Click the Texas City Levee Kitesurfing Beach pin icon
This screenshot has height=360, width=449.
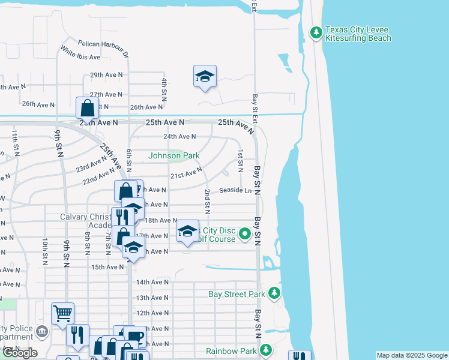tap(316, 32)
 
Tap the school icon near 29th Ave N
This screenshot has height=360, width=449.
tap(205, 77)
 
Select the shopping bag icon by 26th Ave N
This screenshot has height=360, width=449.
tap(88, 109)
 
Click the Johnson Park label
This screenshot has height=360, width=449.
tap(174, 156)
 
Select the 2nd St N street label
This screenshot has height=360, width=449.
tap(206, 201)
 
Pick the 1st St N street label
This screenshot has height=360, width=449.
tap(240, 158)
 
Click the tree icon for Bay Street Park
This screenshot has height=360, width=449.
tap(274, 293)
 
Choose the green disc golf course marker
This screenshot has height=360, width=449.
tap(245, 234)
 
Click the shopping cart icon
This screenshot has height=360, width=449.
tap(62, 313)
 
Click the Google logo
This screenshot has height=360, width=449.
tap(19, 353)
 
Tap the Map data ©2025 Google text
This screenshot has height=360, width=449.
tap(411, 355)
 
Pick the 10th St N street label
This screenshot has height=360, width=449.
tap(45, 251)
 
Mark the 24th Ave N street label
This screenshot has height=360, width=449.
tap(179, 137)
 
